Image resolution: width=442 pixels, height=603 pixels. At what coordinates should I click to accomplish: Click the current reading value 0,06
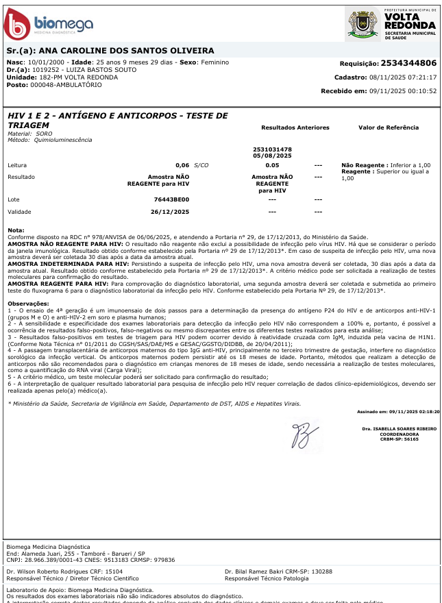[182, 166]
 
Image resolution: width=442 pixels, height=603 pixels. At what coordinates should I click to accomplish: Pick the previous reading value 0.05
[272, 166]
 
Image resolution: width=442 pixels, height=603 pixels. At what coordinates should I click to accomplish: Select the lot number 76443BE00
[171, 199]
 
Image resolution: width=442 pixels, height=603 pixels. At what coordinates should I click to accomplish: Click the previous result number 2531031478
[272, 149]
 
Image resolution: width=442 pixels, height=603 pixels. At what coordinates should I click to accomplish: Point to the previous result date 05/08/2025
[272, 156]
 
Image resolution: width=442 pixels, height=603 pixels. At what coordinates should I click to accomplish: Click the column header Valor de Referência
[388, 127]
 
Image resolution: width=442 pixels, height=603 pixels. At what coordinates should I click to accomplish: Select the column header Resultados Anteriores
[295, 127]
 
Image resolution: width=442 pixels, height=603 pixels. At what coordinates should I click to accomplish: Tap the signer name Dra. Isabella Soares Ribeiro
[400, 428]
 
